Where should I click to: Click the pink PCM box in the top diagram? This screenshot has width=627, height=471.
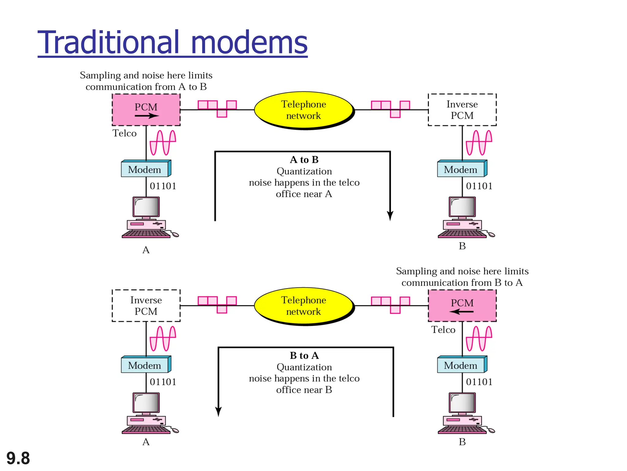tap(146, 109)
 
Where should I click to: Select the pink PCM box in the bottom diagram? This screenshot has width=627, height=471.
tap(462, 305)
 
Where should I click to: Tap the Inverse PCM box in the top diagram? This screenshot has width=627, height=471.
tap(462, 109)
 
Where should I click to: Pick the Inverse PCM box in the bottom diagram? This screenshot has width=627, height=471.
tap(146, 305)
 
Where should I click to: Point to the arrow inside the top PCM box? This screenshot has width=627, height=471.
tap(147, 116)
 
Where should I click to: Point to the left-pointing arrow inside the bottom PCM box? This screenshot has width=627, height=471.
tap(461, 312)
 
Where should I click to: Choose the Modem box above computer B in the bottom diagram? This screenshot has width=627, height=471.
tap(461, 365)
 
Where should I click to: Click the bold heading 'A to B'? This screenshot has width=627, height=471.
tap(304, 160)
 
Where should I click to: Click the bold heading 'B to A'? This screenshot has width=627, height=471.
tap(304, 356)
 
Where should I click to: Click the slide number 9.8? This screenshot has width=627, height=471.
tap(18, 458)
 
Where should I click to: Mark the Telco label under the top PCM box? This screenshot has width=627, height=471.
tap(124, 133)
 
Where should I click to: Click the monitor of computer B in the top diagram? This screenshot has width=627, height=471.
tap(462, 207)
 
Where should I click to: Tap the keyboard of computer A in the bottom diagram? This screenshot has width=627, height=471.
tap(146, 430)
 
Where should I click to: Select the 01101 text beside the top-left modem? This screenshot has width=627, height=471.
tap(163, 186)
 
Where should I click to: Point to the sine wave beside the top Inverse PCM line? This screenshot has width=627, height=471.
tap(479, 143)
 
